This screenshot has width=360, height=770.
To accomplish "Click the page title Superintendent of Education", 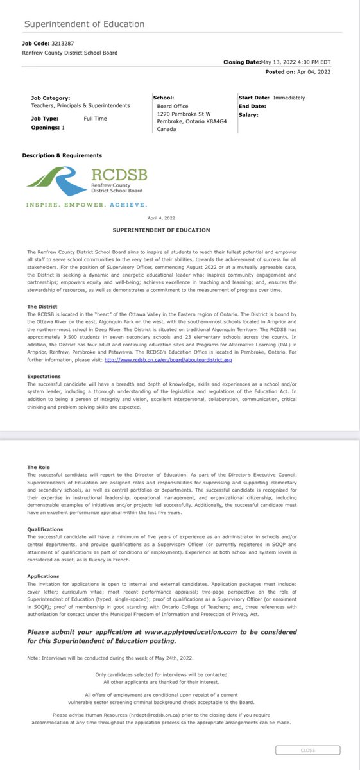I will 84,24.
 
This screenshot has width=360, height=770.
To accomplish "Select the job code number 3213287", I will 63,44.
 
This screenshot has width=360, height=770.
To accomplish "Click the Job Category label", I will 51,98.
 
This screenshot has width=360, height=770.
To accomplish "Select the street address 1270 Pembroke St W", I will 184,114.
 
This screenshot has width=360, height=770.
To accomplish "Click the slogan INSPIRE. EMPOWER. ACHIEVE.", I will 87,205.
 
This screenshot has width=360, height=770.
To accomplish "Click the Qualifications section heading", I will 45,530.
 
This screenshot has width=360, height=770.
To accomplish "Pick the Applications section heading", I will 44,576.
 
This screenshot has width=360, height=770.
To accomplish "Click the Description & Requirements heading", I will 62,155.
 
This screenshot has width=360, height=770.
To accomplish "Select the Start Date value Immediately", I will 289,98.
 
